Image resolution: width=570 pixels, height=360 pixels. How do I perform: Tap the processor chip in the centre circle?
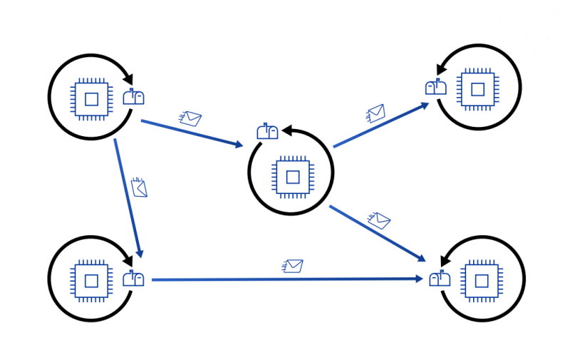click(291, 175)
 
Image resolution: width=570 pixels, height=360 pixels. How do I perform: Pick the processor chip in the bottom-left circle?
click(90, 279)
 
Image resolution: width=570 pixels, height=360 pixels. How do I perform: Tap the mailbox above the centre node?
click(268, 131)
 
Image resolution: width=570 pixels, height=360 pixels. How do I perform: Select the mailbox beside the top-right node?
click(436, 87)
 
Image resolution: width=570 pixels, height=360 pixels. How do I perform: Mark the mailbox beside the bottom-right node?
click(439, 278)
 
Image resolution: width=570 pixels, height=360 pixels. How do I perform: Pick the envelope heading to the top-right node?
click(375, 113)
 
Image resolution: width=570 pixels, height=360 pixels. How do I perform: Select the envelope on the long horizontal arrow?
click(293, 266)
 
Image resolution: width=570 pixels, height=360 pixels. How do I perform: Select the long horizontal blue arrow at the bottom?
click(285, 279)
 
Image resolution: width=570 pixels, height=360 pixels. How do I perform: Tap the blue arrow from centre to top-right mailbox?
click(381, 125)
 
